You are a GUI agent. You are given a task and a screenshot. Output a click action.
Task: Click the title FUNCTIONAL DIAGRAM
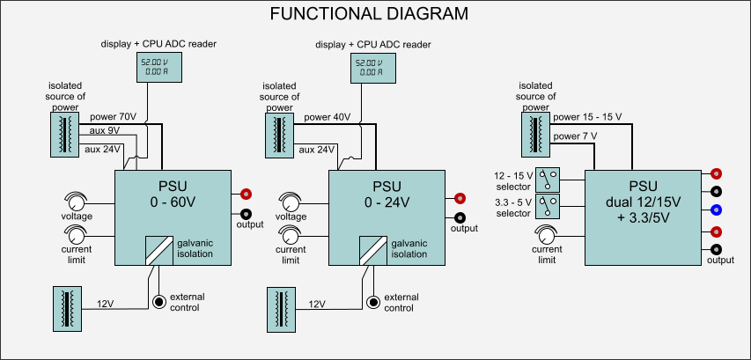369,14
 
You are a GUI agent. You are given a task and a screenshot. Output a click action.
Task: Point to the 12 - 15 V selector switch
549,180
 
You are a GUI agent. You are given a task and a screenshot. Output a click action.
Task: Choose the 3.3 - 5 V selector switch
549,208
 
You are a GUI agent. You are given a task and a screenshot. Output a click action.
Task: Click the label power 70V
114,116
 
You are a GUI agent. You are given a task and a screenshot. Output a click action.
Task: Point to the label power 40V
328,116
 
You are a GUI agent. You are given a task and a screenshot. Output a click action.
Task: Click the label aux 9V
105,131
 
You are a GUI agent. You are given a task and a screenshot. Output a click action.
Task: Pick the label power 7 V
576,136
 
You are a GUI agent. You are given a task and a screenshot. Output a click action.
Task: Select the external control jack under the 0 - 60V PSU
159,302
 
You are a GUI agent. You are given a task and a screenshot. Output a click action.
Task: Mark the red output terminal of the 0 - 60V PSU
247,194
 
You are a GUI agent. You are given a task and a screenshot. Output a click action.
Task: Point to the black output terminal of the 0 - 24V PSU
460,217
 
